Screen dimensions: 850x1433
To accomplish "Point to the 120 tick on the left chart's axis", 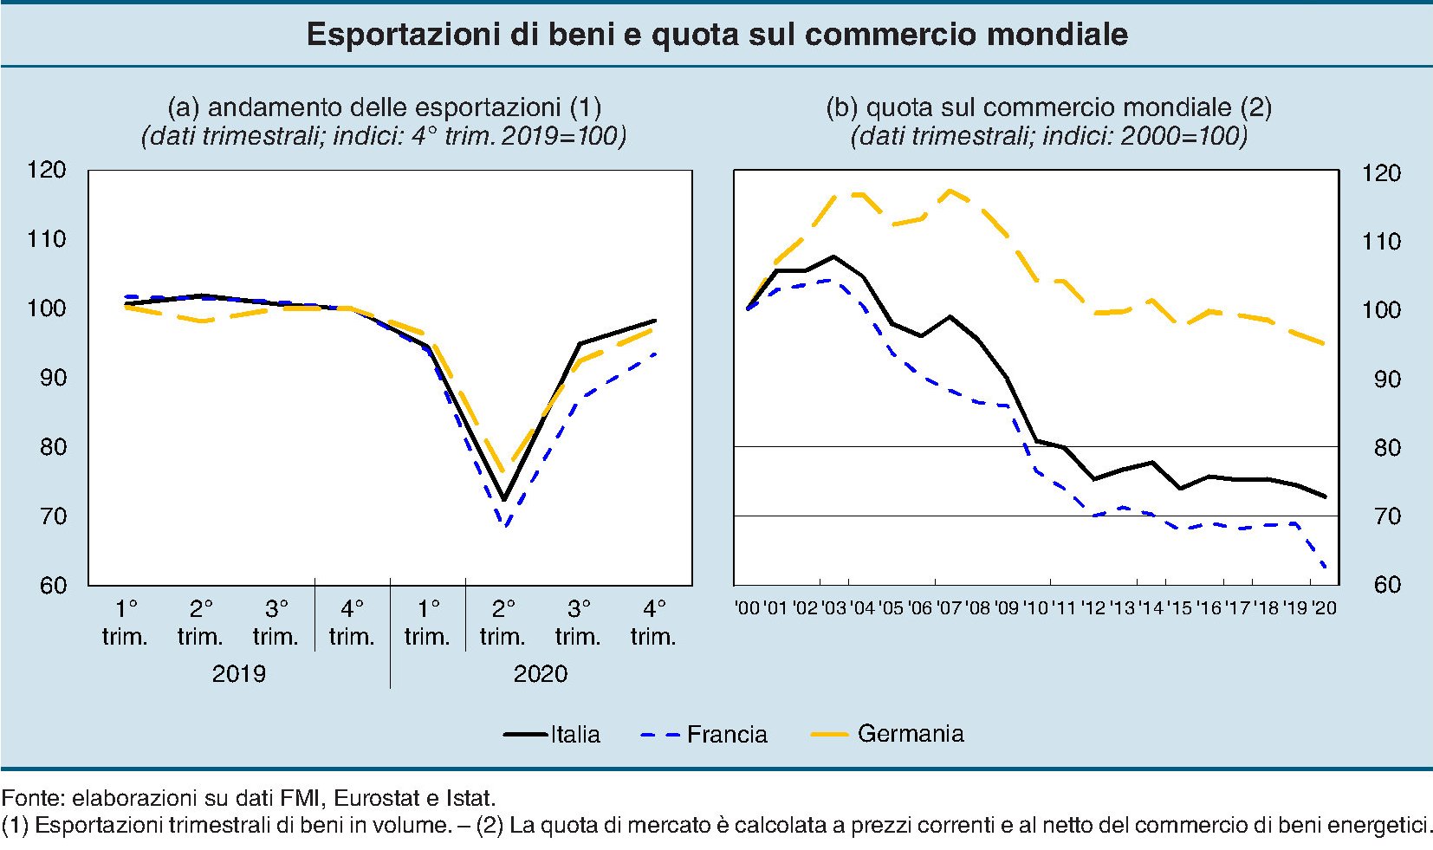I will click(47, 169).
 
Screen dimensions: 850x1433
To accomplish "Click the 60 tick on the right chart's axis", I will click(1386, 585).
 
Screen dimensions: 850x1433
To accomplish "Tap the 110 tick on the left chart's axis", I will click(47, 238).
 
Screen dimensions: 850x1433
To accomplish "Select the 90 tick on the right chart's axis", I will click(1386, 379).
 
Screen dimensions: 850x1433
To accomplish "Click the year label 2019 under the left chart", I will click(238, 673).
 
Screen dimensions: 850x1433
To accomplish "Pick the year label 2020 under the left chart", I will click(540, 673).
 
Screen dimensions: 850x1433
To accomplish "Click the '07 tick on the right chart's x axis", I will click(950, 607).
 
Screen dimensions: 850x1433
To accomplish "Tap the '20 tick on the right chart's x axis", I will click(1325, 607).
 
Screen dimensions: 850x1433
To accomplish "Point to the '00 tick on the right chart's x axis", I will click(747, 607).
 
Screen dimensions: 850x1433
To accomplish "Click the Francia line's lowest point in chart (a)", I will click(505, 525).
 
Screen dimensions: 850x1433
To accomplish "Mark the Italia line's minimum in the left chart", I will click(503, 500).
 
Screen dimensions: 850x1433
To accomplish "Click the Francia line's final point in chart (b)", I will click(1326, 568).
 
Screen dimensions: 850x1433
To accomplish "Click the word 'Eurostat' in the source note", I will click(370, 797).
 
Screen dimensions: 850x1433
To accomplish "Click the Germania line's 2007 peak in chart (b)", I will click(950, 190).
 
